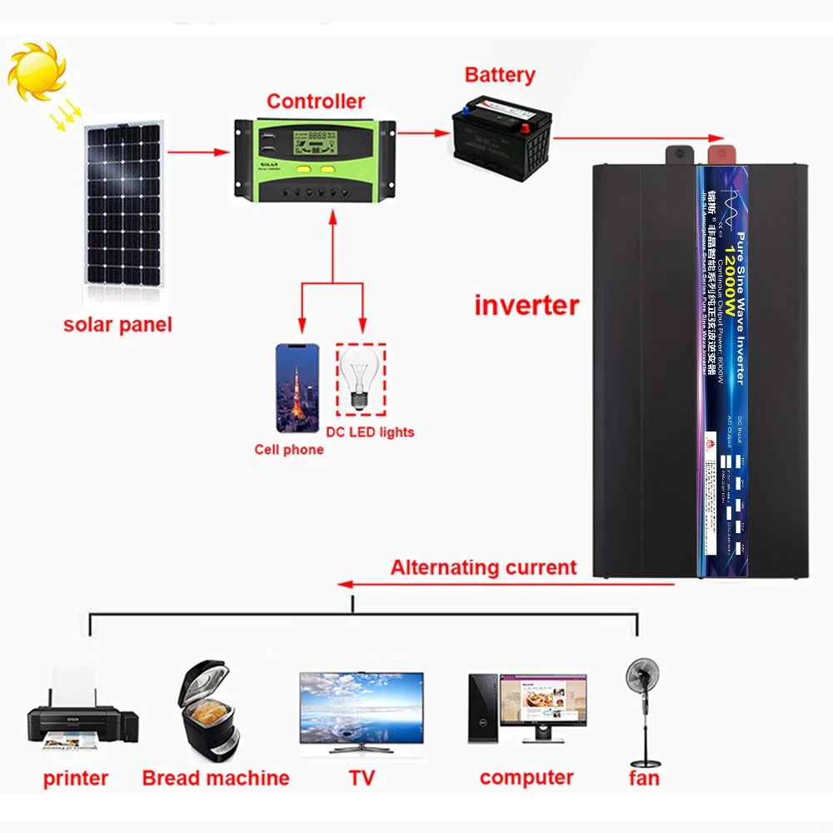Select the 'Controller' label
[x=316, y=102]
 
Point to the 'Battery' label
[x=500, y=75]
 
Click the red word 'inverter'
[x=526, y=305]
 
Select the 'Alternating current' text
[x=483, y=568]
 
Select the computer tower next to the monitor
[x=482, y=709]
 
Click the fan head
[x=642, y=674]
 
